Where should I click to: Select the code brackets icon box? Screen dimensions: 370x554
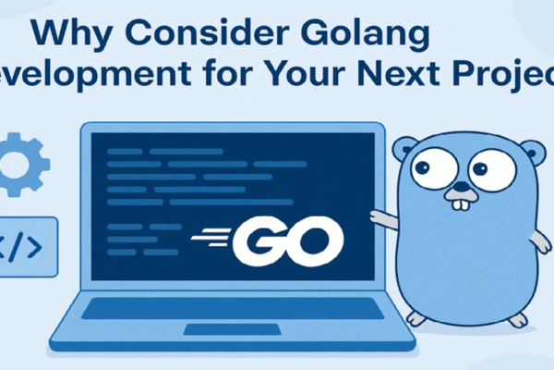coord(28,247)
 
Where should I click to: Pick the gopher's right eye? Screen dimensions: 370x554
coord(489,171)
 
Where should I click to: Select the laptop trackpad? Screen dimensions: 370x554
coord(219,329)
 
